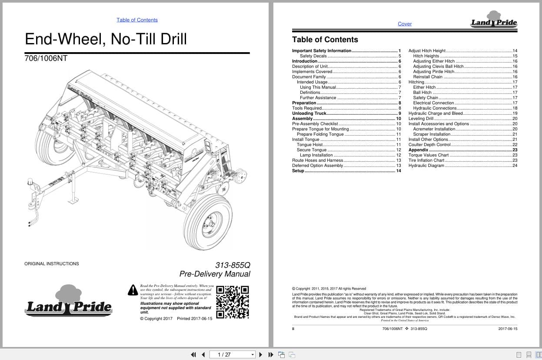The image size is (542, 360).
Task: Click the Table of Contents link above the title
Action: pyautogui.click(x=137, y=20)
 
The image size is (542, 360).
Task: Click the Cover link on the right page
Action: pyautogui.click(x=405, y=24)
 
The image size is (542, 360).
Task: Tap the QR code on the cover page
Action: pyautogui.click(x=233, y=302)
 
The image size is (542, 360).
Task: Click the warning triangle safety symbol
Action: pyautogui.click(x=133, y=290)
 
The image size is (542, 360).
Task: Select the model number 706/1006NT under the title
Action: pyautogui.click(x=46, y=58)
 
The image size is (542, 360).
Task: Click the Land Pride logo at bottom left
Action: pyautogui.click(x=68, y=301)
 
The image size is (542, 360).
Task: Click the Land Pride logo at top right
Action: pyautogui.click(x=494, y=20)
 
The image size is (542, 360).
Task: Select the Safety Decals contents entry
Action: pyautogui.click(x=313, y=56)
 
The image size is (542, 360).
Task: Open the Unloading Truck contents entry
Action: pyautogui.click(x=309, y=113)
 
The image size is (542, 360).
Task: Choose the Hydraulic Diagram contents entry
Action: pyautogui.click(x=426, y=166)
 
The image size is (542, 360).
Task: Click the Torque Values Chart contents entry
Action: pyautogui.click(x=429, y=155)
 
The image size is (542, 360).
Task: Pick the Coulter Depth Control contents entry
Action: pyautogui.click(x=429, y=145)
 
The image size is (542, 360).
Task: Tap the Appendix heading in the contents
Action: pyautogui.click(x=418, y=150)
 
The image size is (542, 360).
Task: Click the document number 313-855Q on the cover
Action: pyautogui.click(x=233, y=265)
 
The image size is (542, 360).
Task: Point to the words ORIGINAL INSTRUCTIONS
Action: pyautogui.click(x=52, y=263)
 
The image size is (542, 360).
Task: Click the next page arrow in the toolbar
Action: pyautogui.click(x=261, y=354)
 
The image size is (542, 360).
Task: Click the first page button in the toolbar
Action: pyautogui.click(x=193, y=354)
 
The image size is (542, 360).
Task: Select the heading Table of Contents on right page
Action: pyautogui.click(x=325, y=40)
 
